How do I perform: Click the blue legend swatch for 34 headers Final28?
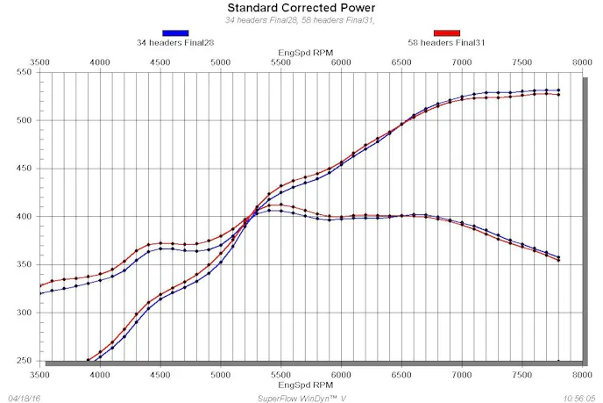pyautogui.click(x=175, y=32)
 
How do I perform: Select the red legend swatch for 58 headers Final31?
pyautogui.click(x=446, y=32)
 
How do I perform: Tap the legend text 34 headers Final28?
pyautogui.click(x=175, y=42)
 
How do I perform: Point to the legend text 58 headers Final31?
pyautogui.click(x=446, y=42)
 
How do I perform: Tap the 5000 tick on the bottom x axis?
pyautogui.click(x=221, y=374)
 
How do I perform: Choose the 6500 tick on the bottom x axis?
pyautogui.click(x=401, y=374)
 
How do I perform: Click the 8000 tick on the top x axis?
pyautogui.click(x=583, y=63)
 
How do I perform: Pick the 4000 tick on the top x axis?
pyautogui.click(x=100, y=63)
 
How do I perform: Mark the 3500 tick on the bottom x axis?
pyautogui.click(x=39, y=374)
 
